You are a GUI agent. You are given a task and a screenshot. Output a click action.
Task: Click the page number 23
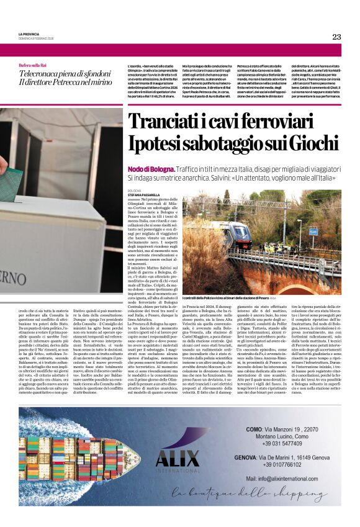(x=336, y=37)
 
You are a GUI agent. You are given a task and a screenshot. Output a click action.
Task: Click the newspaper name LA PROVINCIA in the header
(x=29, y=34)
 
